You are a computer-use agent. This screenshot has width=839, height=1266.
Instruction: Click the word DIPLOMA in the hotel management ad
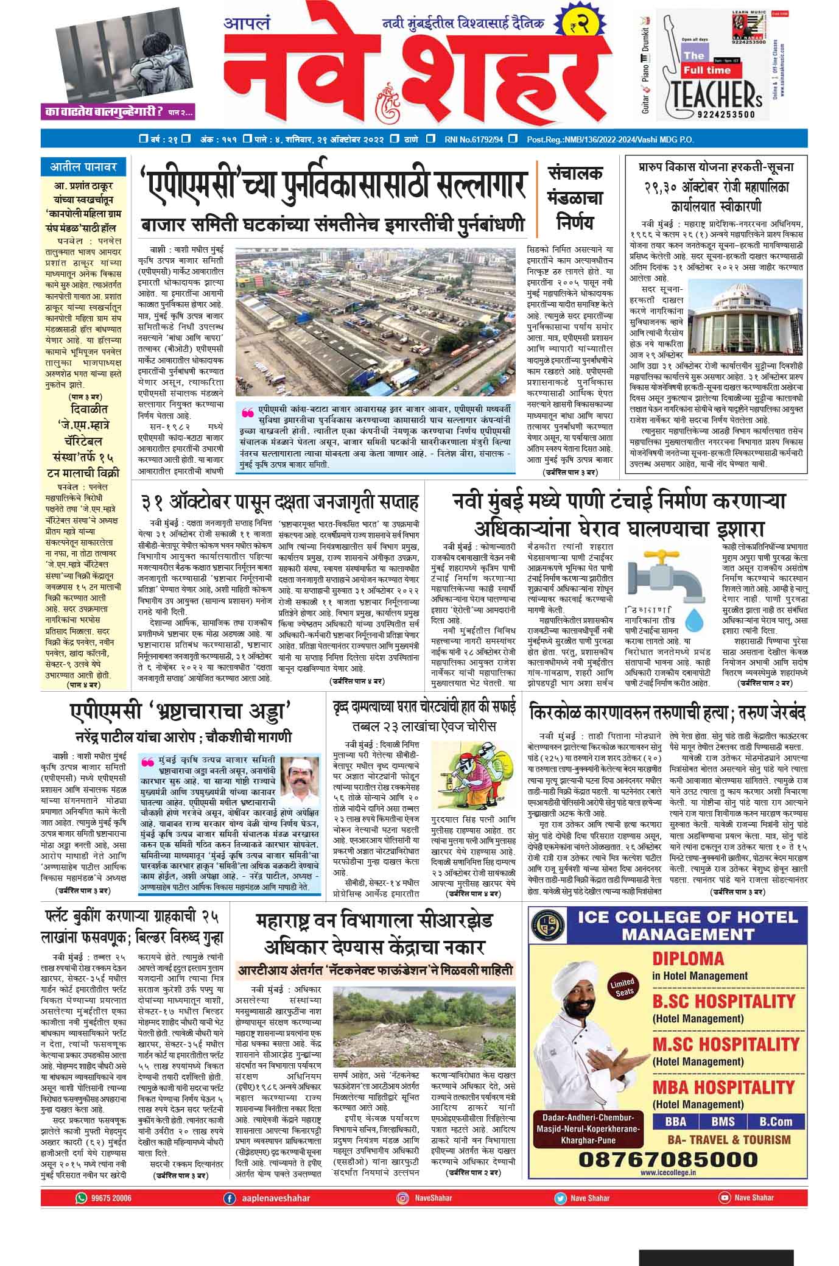(687, 958)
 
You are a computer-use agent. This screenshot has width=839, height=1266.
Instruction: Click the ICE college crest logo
(547, 926)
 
